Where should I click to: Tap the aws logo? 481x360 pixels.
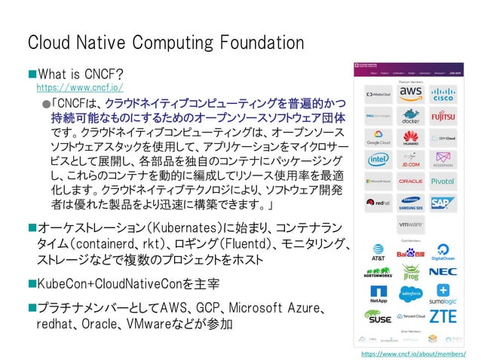(411, 94)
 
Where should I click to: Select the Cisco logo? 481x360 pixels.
(443, 94)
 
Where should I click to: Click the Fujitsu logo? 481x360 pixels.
(443, 117)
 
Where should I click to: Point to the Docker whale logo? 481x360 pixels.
(411, 117)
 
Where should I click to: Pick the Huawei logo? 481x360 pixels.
(411, 139)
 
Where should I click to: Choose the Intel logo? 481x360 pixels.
(378, 160)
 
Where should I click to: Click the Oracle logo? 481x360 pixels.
(411, 182)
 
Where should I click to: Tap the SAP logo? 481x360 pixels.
(443, 203)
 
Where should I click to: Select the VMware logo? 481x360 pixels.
(411, 224)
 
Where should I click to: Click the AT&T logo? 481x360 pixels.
(378, 251)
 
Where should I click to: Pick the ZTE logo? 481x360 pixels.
(443, 316)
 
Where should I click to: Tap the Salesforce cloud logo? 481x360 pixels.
(411, 294)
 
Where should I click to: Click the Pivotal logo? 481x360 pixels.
(443, 182)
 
